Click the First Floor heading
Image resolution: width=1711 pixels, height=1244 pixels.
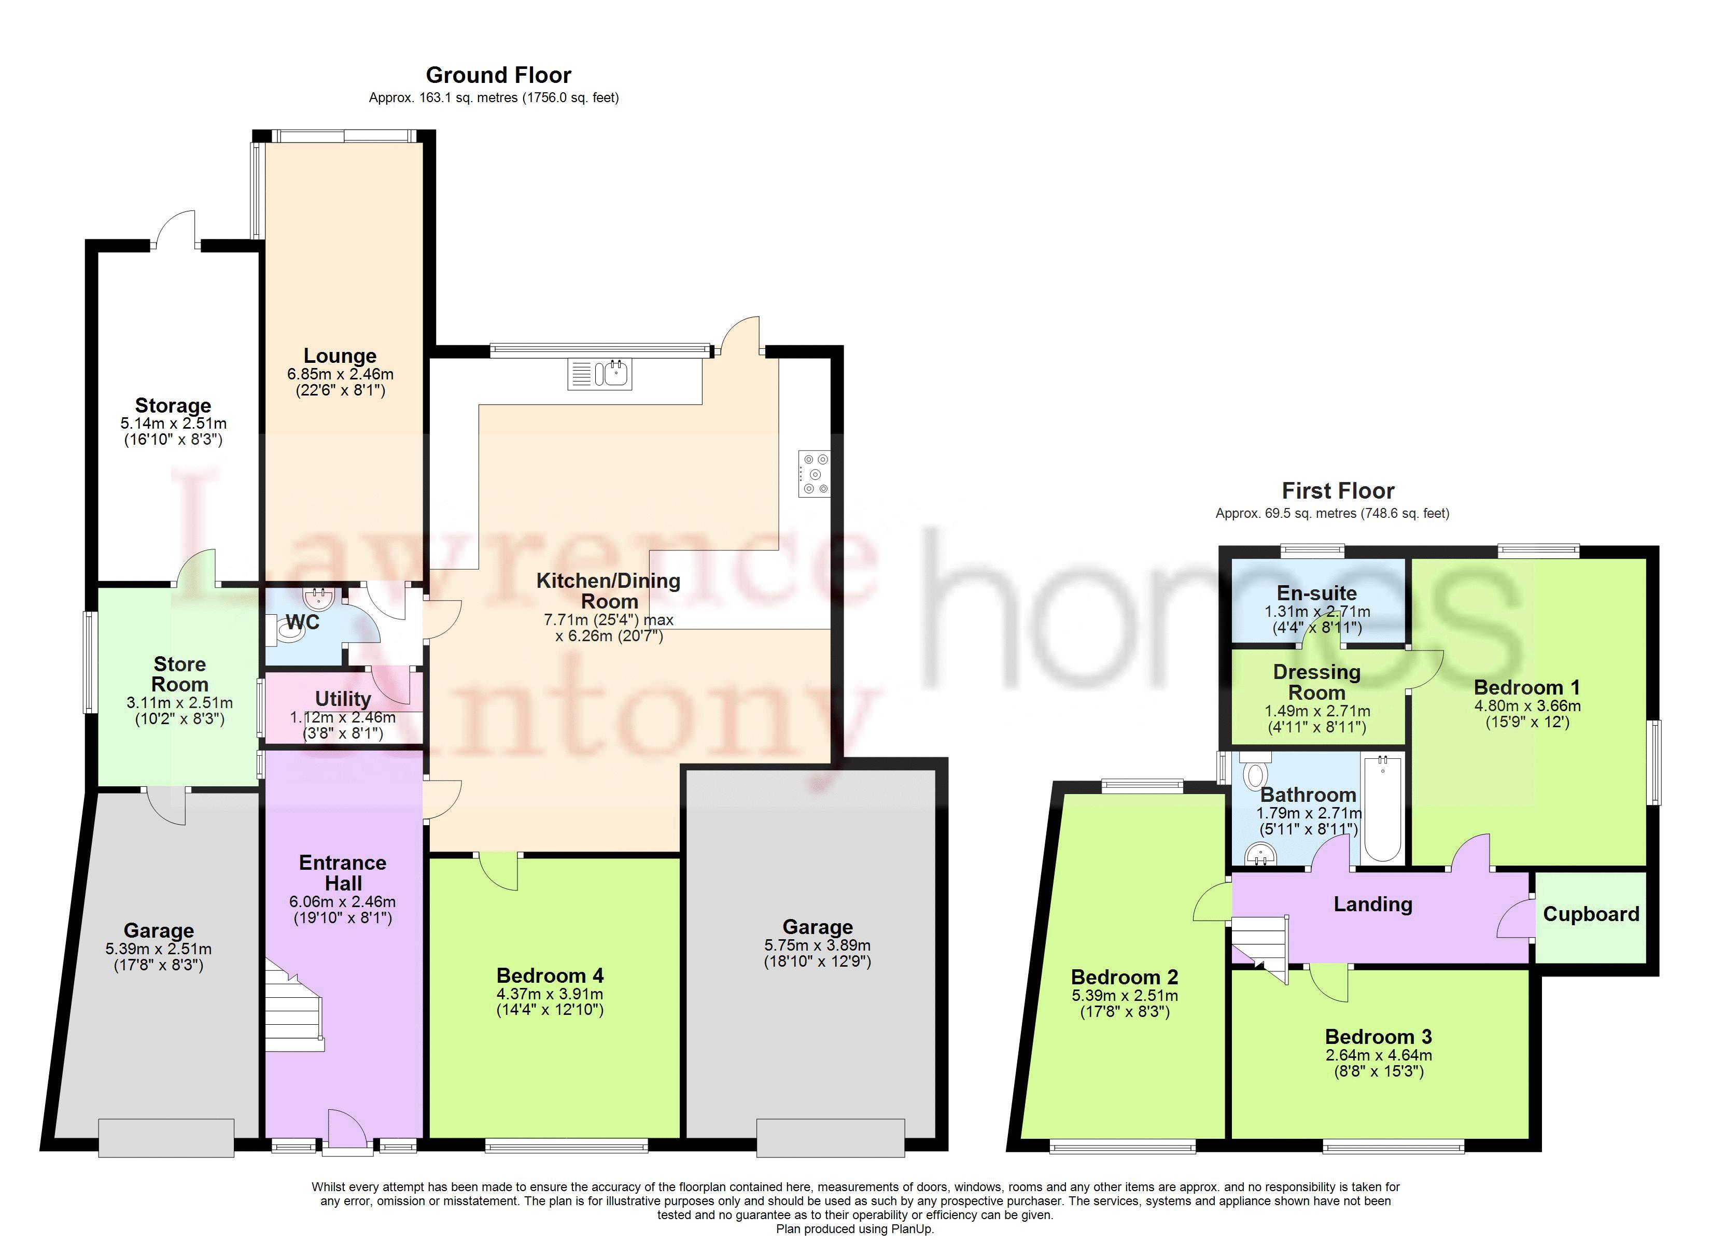1338,491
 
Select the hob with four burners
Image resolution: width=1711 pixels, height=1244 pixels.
815,474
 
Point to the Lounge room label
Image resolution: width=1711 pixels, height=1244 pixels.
340,356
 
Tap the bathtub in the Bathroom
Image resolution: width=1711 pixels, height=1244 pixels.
1383,810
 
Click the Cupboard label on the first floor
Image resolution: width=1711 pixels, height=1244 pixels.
1591,914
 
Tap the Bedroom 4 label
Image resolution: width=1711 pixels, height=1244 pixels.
550,976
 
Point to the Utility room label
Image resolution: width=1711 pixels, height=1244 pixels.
343,699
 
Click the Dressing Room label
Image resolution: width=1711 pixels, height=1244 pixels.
1317,682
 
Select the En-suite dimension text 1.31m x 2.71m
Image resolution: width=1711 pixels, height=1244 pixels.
1317,612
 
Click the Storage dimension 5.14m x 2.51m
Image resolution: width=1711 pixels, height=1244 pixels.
173,424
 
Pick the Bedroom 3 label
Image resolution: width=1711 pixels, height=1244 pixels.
1378,1037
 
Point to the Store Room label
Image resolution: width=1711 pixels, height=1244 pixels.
179,674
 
